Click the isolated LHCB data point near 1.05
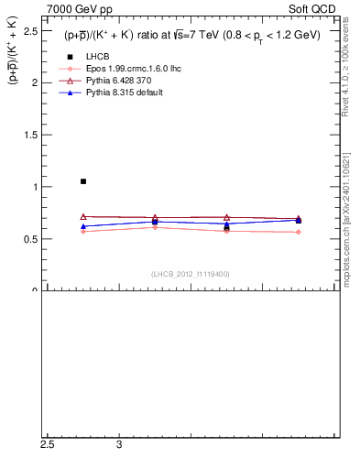tap(83, 181)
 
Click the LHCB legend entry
tap(85, 57)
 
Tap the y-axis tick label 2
tap(34, 82)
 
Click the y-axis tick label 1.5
tap(29, 135)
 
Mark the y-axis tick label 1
tap(34, 187)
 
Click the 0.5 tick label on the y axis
tap(29, 239)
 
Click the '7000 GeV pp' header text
tap(75, 8)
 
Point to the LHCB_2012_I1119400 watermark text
tap(191, 274)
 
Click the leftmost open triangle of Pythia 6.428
tap(83, 217)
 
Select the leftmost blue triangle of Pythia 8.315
tap(83, 226)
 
